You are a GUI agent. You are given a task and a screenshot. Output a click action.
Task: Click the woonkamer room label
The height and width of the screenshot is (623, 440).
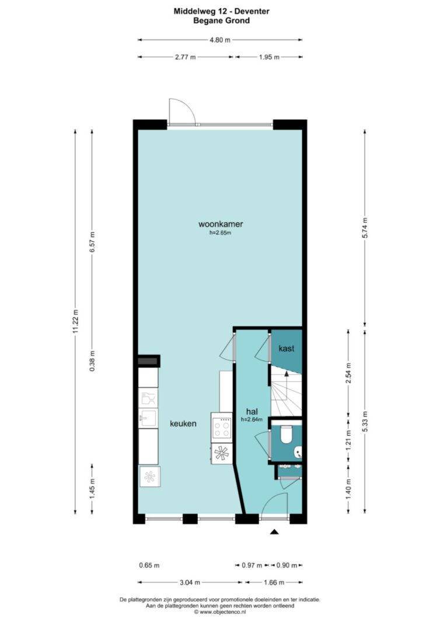(x=221, y=224)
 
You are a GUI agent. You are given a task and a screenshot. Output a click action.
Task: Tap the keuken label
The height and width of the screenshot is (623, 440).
(x=183, y=423)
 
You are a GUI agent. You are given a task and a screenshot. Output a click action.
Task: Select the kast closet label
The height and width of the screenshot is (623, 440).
(x=287, y=349)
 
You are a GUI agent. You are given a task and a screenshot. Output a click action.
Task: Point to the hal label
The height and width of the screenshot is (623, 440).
(x=252, y=412)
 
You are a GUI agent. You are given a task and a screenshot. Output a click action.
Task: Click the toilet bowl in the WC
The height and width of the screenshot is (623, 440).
(x=287, y=434)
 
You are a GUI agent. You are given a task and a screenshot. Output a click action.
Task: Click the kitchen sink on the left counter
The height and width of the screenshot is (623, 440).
(x=148, y=417)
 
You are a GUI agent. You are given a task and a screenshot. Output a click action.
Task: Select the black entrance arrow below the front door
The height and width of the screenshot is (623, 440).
(x=274, y=531)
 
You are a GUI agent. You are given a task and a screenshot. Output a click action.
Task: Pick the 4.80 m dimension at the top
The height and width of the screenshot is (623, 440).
(x=219, y=40)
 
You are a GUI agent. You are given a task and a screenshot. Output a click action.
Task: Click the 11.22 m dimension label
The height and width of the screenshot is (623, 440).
(x=75, y=322)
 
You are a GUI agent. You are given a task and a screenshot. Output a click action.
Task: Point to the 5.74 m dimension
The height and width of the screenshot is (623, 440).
(x=365, y=228)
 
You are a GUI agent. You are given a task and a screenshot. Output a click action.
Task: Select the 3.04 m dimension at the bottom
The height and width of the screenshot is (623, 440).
(x=190, y=583)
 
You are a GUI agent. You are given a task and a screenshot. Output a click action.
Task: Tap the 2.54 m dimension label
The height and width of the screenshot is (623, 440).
(x=348, y=374)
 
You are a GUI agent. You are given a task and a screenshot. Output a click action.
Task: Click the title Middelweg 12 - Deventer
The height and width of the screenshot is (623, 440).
(x=222, y=12)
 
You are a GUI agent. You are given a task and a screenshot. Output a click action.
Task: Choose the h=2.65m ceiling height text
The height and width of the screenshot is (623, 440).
(x=221, y=233)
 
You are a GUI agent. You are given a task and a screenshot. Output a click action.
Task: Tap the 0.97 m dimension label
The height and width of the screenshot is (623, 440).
(x=252, y=565)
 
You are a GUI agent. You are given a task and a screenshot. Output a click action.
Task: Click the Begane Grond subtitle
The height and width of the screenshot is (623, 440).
(x=222, y=20)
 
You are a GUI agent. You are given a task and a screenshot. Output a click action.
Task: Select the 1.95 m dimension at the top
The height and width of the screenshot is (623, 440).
(x=269, y=57)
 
